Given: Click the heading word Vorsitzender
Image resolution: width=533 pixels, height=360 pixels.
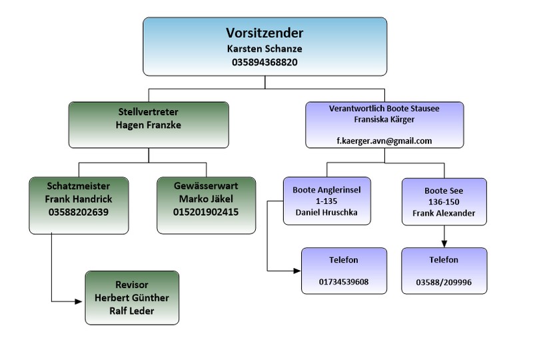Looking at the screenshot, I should tap(265, 33).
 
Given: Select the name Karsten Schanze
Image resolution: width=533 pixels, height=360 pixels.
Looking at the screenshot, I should tap(265, 49).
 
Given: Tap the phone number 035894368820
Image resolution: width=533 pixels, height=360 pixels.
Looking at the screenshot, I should tap(265, 63).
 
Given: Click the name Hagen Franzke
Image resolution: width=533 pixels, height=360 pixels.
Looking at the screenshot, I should tap(149, 125).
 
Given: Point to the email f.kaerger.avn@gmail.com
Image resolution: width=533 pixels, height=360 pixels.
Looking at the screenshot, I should tap(384, 141).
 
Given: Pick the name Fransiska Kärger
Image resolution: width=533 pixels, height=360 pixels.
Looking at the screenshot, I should tap(384, 120).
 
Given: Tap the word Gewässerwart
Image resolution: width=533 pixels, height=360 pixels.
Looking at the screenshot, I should tap(206, 186).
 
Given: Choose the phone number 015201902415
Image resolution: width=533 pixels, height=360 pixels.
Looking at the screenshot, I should tap(206, 213).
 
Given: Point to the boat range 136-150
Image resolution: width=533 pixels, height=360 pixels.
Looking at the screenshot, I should tap(444, 202).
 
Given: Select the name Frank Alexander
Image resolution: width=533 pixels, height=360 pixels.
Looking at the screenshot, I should tap(444, 213).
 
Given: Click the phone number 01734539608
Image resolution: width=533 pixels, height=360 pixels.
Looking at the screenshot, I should tap(344, 281).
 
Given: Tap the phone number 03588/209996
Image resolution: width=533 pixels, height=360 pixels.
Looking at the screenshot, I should tap(444, 281).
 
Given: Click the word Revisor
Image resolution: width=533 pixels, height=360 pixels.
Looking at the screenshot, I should tap(131, 285).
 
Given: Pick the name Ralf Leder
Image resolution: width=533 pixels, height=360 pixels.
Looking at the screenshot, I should tap(131, 311).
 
